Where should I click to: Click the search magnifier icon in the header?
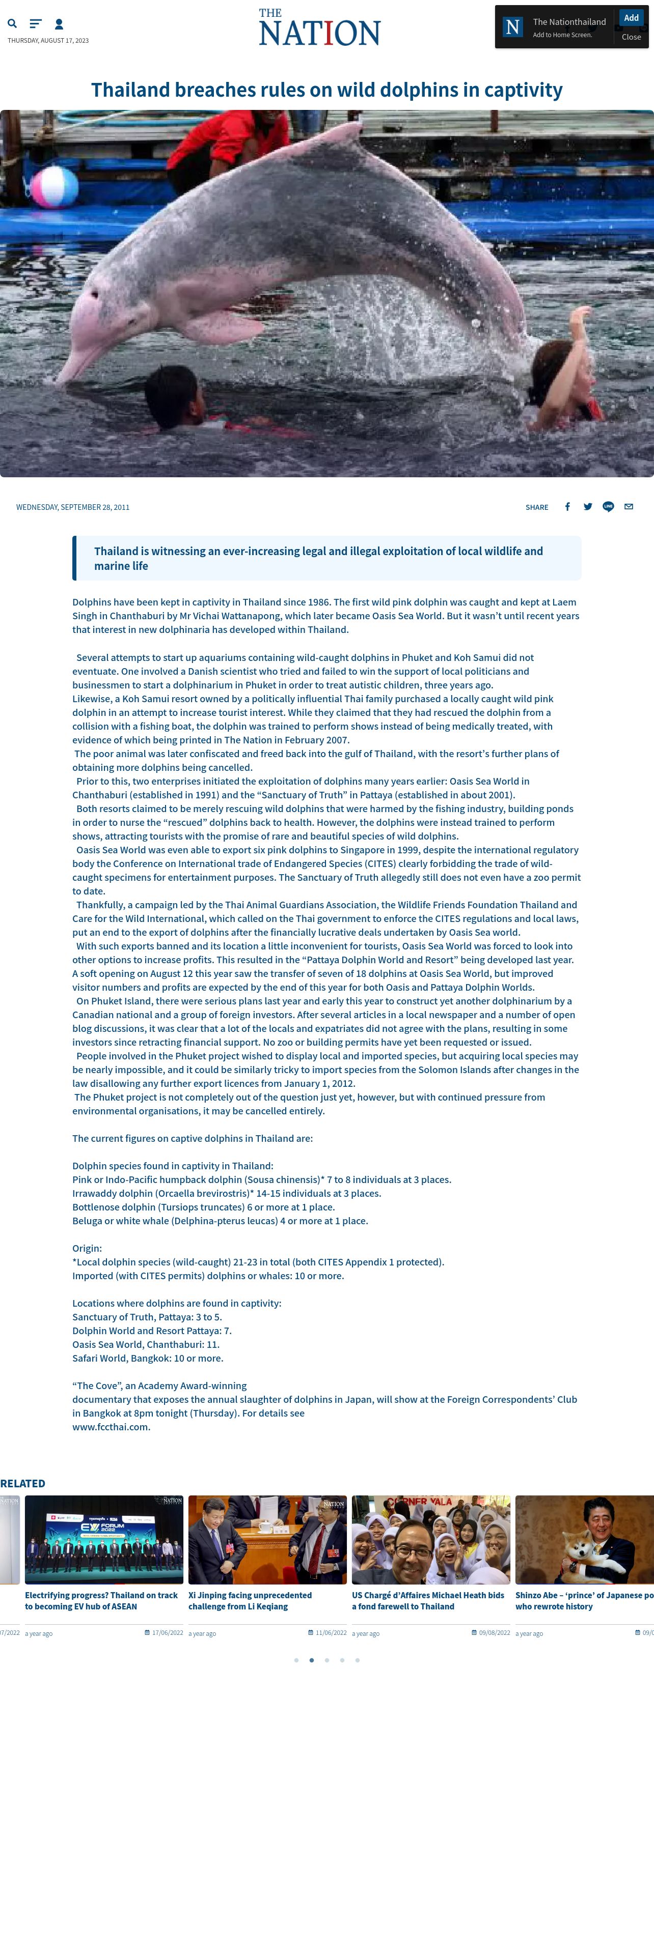[12, 23]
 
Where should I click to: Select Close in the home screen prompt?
[631, 37]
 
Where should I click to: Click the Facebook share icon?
[567, 507]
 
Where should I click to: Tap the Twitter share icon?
[588, 507]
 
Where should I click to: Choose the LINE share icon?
[608, 507]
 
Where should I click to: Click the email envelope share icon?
[629, 507]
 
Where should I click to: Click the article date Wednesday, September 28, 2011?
[73, 507]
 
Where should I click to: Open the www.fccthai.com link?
[111, 1427]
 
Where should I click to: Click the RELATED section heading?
[23, 1483]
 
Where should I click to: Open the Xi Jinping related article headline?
[250, 1600]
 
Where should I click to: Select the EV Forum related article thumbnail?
[104, 1539]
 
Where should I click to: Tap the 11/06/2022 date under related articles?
[331, 1632]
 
